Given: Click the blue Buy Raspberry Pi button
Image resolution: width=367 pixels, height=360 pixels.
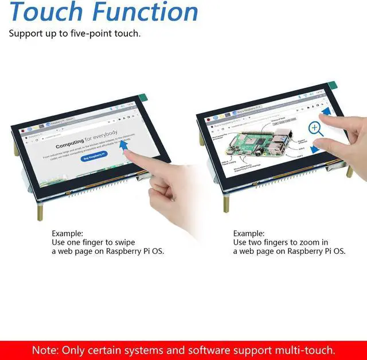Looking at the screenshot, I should point(93,156).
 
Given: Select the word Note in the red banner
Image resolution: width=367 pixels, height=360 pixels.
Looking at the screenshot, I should point(44,350).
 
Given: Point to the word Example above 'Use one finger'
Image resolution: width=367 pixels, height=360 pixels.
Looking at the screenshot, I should point(67,234).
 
